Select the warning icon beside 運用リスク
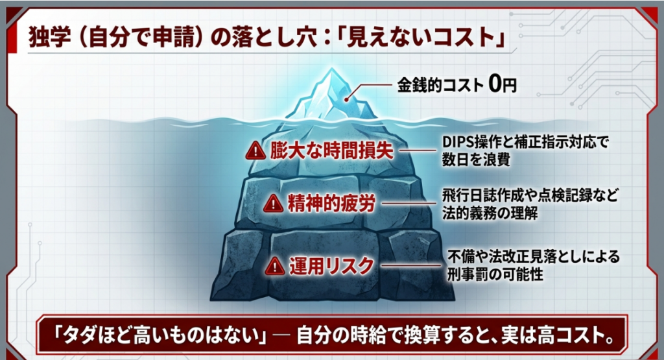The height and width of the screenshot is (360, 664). tap(275, 265)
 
